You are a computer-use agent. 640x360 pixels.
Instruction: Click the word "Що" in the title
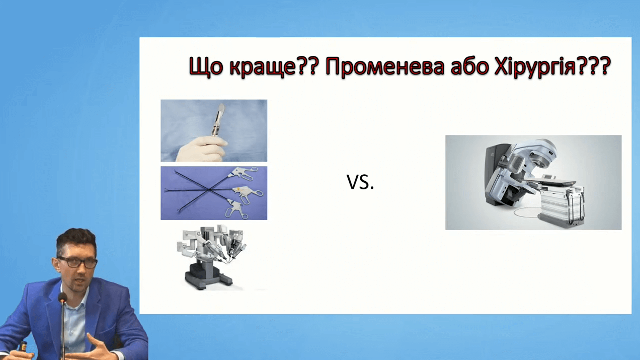click(x=206, y=67)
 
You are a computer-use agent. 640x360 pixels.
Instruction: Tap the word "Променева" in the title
click(x=385, y=67)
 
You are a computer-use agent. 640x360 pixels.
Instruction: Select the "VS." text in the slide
click(x=360, y=182)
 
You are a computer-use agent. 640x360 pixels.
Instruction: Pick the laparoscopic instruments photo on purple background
click(x=214, y=193)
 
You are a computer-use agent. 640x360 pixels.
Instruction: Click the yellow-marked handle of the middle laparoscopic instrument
click(x=246, y=192)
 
